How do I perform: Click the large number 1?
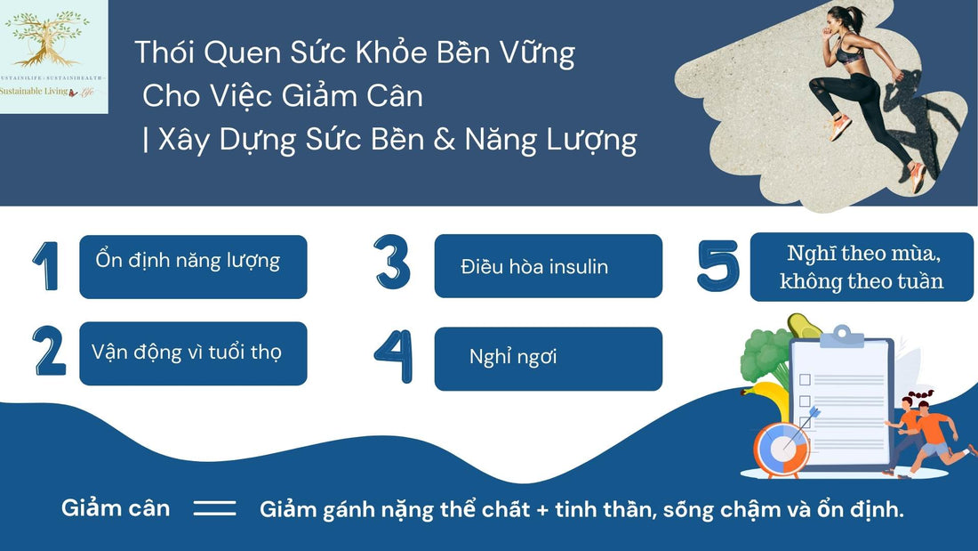coord(46,265)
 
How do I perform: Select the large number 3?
coord(392,262)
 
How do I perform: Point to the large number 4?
coord(393,356)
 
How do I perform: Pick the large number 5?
coord(717,265)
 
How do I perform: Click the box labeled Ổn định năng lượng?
coord(193,266)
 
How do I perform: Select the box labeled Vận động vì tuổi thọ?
coord(193,352)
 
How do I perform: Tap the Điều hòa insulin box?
coord(548,265)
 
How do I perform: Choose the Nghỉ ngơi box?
coord(548,358)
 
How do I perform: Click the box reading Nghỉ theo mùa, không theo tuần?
coord(862,267)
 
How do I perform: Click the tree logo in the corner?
coord(53,45)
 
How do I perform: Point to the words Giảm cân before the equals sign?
coord(116,508)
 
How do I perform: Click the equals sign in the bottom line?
coord(214,509)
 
